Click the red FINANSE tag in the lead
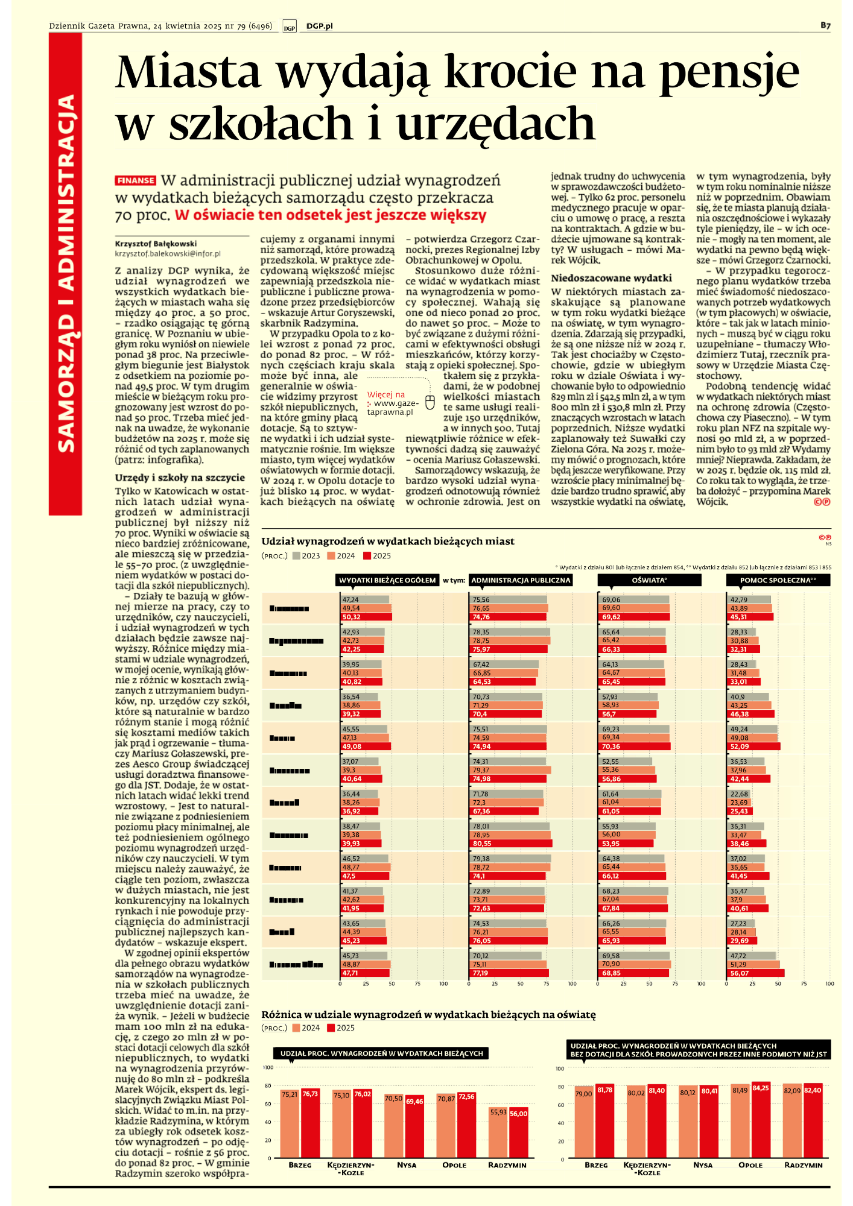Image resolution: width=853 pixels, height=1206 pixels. click(x=136, y=180)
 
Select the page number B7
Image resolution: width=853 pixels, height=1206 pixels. click(x=825, y=25)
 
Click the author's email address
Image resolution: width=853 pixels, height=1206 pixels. click(x=168, y=254)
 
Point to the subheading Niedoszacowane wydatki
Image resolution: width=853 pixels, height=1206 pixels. click(x=611, y=278)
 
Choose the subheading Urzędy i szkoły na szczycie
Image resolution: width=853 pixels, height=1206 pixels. click(x=180, y=478)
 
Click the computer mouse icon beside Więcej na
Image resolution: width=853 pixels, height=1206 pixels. click(x=430, y=402)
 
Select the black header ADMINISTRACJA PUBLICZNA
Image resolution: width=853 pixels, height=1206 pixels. click(x=521, y=580)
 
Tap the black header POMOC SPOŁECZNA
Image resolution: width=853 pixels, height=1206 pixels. click(x=778, y=580)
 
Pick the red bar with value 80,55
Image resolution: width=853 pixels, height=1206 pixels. click(x=510, y=844)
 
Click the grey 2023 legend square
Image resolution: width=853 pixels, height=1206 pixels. click(x=296, y=556)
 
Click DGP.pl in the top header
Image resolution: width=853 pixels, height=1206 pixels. click(x=319, y=26)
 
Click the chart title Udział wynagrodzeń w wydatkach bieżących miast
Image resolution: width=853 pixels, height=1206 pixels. click(x=388, y=541)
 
